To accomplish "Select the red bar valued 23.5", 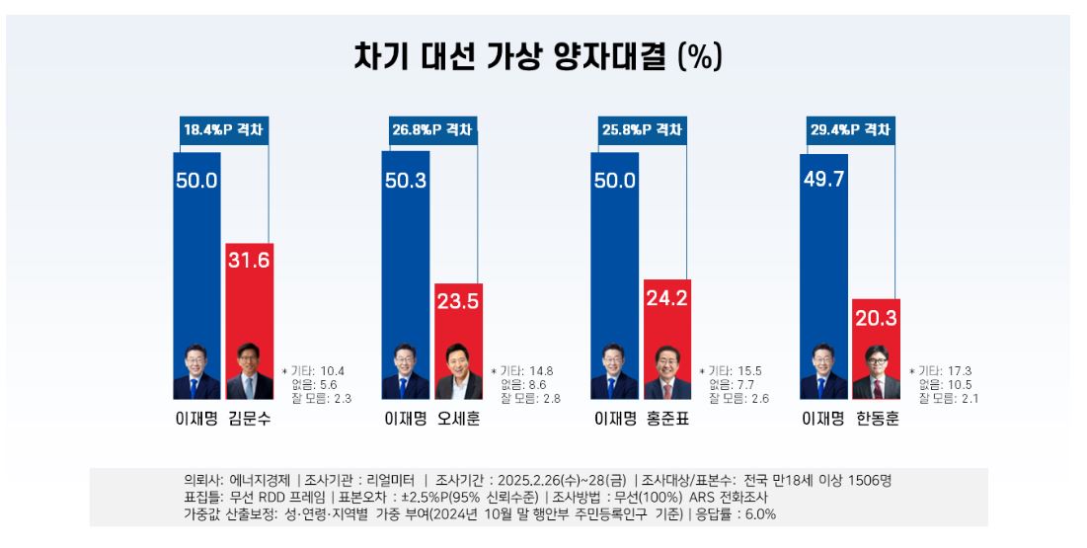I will click(458, 326).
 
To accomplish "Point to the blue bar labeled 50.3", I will click(406, 257).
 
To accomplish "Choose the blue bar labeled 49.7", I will click(823, 257).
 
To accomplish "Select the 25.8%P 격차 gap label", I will click(642, 130).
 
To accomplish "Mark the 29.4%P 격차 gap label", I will click(850, 130).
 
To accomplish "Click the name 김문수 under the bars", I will click(249, 419).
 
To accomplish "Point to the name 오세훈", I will click(458, 419).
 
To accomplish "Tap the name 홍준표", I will click(667, 419).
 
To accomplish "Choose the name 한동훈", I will click(877, 419).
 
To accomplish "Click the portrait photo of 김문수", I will click(249, 372).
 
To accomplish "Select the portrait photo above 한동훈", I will click(876, 372).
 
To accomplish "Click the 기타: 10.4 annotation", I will click(318, 371).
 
